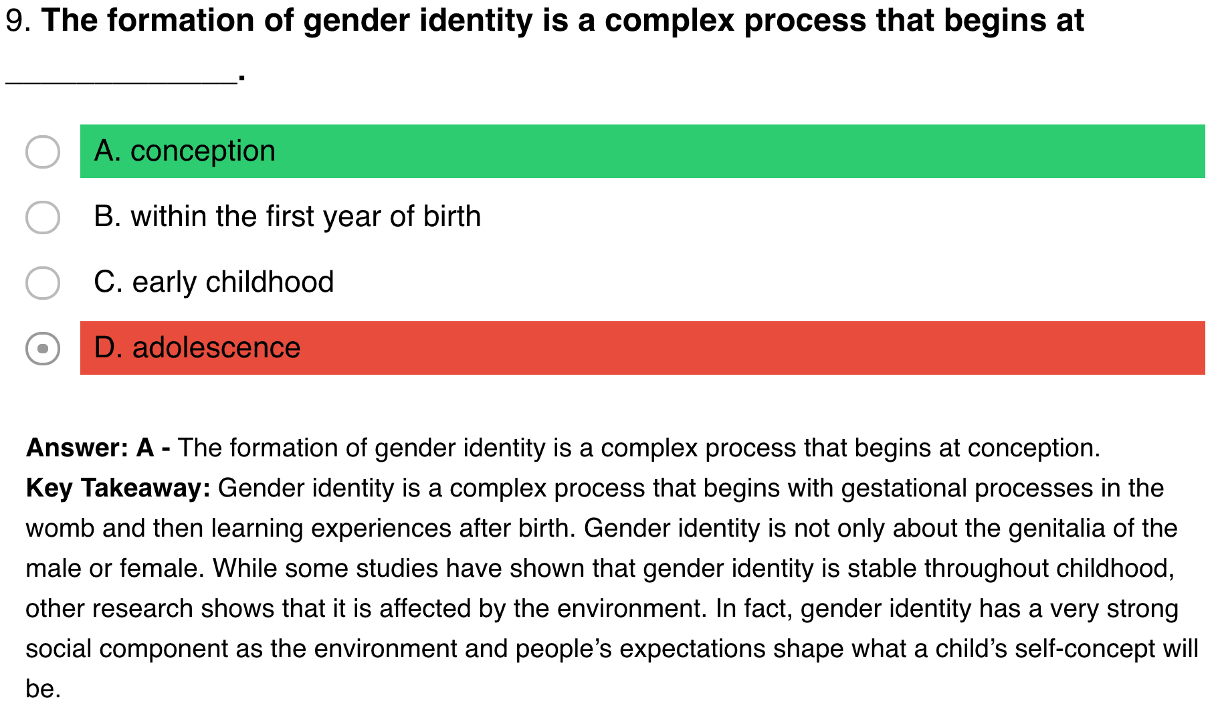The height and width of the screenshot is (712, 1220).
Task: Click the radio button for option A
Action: pos(43,151)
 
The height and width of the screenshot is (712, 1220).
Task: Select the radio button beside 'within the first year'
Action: pos(43,217)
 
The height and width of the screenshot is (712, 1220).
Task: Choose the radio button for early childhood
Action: pos(43,282)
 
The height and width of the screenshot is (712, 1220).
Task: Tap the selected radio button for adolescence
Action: pos(43,348)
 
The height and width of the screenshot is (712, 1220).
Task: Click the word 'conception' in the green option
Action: pos(203,152)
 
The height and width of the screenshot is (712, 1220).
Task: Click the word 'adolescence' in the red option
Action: pos(217,348)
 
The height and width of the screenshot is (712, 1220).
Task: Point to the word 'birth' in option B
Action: pos(452,216)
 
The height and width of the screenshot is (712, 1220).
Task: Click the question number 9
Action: pos(18,21)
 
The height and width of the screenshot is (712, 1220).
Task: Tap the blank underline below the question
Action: pos(121,82)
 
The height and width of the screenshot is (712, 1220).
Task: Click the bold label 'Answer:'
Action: pos(77,448)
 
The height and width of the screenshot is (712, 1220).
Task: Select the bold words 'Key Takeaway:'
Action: pos(118,488)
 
